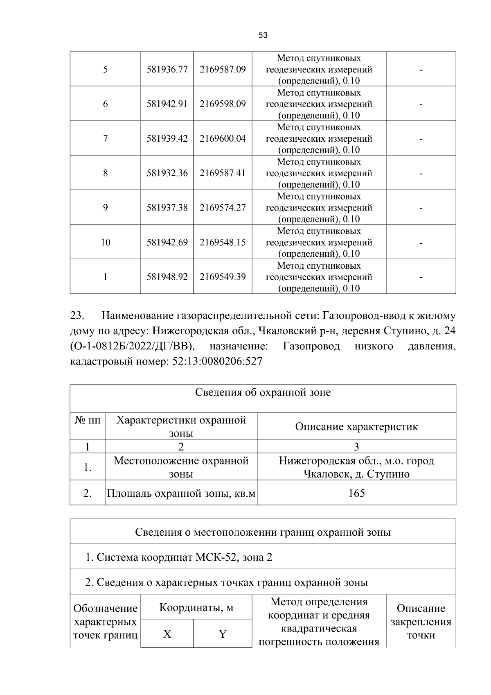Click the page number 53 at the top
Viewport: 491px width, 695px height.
click(263, 35)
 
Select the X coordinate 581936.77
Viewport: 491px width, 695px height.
click(167, 69)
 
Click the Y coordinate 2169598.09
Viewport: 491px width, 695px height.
click(223, 104)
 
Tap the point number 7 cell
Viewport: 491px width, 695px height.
click(105, 138)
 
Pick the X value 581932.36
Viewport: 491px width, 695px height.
click(167, 173)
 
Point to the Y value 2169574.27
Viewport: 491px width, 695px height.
click(223, 208)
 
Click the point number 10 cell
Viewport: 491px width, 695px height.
click(105, 242)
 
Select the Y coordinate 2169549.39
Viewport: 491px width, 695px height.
click(223, 277)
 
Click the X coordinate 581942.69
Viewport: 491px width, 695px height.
click(167, 242)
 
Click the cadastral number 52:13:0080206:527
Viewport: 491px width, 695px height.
click(215, 362)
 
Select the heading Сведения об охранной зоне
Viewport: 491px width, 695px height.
click(263, 392)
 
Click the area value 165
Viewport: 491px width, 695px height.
click(356, 493)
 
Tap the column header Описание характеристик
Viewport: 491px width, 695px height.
click(356, 427)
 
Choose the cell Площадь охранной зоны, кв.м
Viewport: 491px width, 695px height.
click(181, 494)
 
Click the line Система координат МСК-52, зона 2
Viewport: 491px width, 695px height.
click(179, 557)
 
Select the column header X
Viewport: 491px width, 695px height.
click(167, 634)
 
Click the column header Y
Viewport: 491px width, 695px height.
click(223, 634)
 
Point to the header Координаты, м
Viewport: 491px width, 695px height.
click(196, 607)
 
